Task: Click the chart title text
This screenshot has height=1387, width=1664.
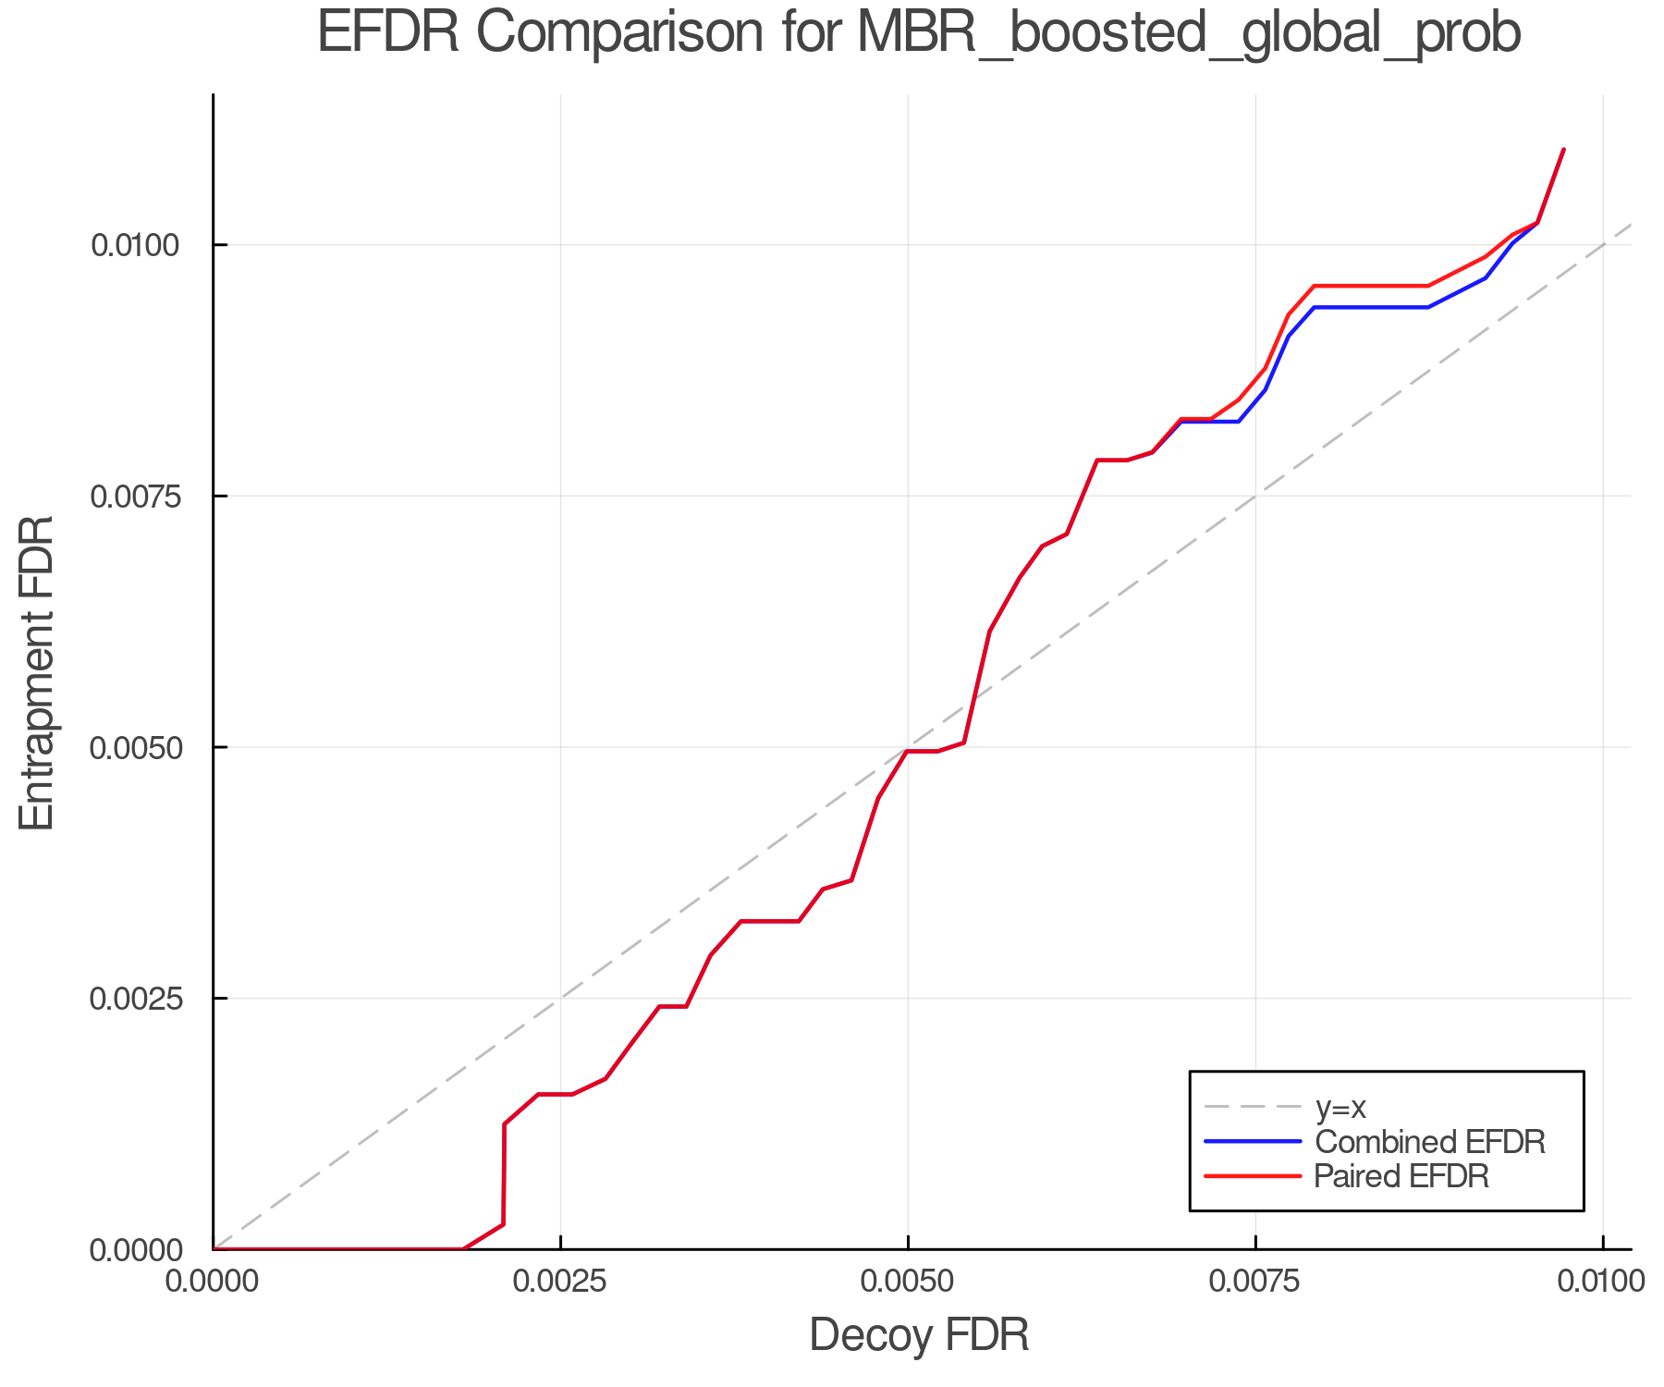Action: click(919, 33)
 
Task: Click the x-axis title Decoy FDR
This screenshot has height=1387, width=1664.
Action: click(919, 1335)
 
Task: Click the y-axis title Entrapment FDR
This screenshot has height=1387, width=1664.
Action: click(37, 672)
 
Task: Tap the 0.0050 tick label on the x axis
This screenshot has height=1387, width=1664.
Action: click(908, 1282)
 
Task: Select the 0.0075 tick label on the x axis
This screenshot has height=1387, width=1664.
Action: click(1255, 1282)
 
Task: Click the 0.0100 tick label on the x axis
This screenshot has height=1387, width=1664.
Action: click(1602, 1282)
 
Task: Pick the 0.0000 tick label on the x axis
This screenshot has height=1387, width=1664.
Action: click(213, 1282)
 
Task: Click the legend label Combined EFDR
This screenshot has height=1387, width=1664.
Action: click(1429, 1142)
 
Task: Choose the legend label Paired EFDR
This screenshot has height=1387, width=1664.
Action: click(1401, 1176)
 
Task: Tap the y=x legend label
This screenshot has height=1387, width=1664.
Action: click(1340, 1107)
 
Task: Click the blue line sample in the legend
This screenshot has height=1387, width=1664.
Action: click(1253, 1142)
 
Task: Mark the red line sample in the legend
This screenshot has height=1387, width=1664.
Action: click(1253, 1176)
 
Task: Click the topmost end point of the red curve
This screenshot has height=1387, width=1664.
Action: click(1563, 149)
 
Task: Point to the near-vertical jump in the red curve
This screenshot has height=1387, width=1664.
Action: click(504, 1174)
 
